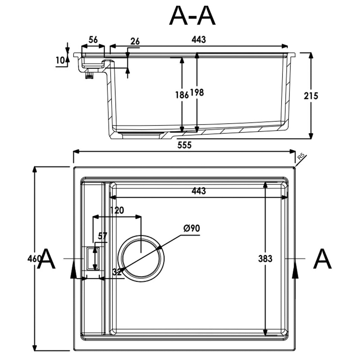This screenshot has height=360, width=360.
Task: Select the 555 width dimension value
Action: click(x=184, y=145)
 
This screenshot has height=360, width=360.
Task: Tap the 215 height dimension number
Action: click(x=311, y=96)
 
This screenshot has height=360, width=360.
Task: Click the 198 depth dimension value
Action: click(x=197, y=92)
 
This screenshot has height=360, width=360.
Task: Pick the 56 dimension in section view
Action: click(x=93, y=40)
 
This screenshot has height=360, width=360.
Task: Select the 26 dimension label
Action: click(x=135, y=41)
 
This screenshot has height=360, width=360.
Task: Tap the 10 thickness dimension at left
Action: click(x=60, y=60)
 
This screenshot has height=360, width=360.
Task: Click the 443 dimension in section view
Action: click(x=199, y=40)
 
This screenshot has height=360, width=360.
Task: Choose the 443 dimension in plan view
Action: click(x=199, y=191)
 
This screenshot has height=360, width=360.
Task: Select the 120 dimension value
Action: click(x=117, y=210)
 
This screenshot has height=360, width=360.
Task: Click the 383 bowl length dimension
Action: click(x=265, y=258)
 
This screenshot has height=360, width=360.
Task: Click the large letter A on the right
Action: click(x=322, y=259)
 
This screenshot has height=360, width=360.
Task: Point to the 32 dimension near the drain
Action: click(x=117, y=272)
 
